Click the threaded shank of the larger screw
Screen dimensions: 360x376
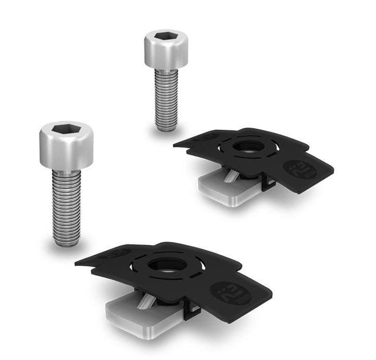(67, 203)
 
